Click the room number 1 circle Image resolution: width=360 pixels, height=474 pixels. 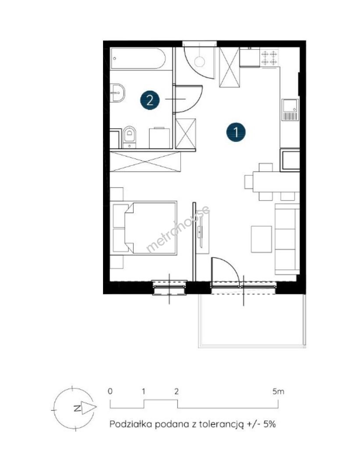[236, 132]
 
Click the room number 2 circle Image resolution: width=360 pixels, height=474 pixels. [150, 100]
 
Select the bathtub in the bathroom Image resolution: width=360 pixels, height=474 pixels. [138, 58]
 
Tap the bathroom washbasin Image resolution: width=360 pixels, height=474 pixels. [118, 93]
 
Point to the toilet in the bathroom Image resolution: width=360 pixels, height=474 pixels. [129, 137]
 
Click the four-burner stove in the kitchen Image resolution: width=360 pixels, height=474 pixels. [269, 58]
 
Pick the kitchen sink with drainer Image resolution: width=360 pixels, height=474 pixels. [290, 110]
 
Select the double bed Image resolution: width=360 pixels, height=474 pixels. [145, 228]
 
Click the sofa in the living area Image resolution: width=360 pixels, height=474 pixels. [287, 239]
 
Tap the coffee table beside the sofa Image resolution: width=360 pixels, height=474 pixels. [262, 239]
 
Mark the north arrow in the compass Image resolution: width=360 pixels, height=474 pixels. [89, 408]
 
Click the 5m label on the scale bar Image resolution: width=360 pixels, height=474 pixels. [278, 391]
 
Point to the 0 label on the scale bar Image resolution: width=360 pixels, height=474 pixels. [110, 391]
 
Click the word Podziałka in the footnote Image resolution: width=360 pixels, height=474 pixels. [130, 424]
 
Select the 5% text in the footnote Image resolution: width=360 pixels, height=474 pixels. [270, 424]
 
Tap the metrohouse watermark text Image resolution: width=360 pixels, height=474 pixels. [178, 229]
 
